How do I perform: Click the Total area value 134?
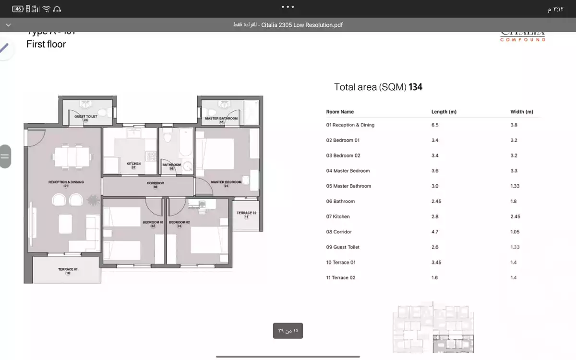[415, 87]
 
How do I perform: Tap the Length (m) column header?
[444, 112]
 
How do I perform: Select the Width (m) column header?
[521, 112]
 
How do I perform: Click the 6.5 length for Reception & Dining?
[435, 125]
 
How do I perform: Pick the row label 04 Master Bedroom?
[348, 171]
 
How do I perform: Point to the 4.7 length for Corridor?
[435, 232]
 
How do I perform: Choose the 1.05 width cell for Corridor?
[515, 232]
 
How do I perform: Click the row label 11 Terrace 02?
[340, 278]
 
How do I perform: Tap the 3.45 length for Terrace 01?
[436, 263]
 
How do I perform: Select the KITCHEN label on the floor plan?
[133, 164]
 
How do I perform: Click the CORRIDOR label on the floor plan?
[155, 183]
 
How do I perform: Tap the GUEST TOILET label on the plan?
[85, 117]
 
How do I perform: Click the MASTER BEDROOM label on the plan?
[226, 182]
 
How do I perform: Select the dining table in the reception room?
[72, 156]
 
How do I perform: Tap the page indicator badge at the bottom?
[288, 331]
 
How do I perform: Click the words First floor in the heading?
[46, 44]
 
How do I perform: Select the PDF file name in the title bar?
[302, 25]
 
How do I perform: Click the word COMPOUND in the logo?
[523, 40]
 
